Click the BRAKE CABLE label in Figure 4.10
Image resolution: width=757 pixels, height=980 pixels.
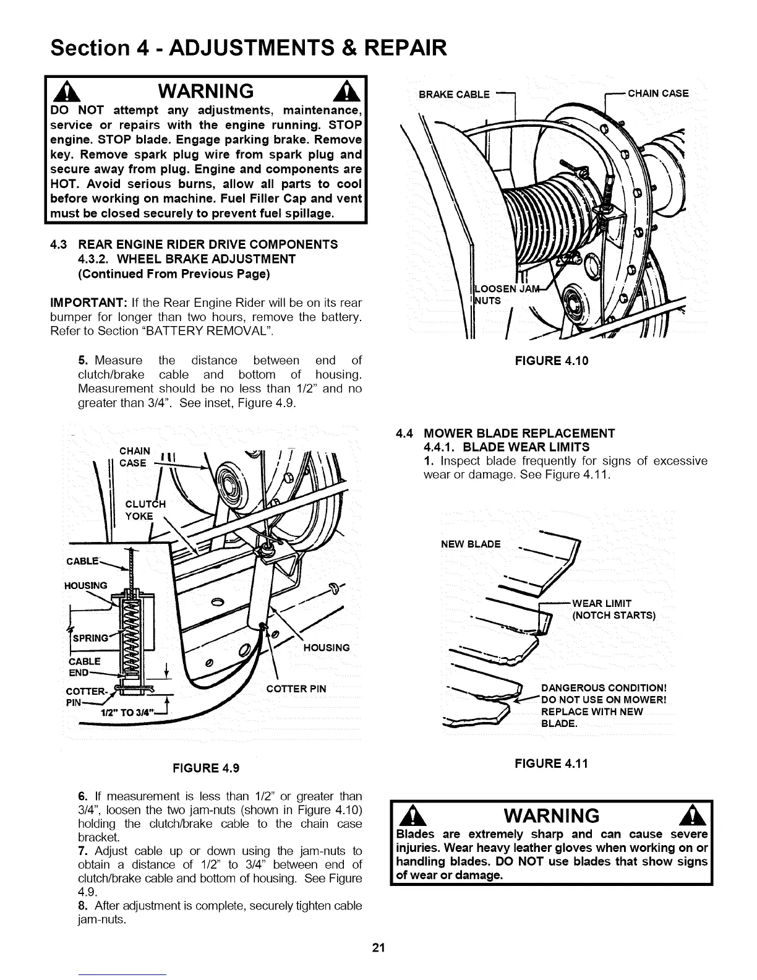pos(455,95)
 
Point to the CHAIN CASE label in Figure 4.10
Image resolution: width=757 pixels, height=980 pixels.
pos(658,93)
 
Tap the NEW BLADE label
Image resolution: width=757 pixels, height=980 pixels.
pos(471,544)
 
